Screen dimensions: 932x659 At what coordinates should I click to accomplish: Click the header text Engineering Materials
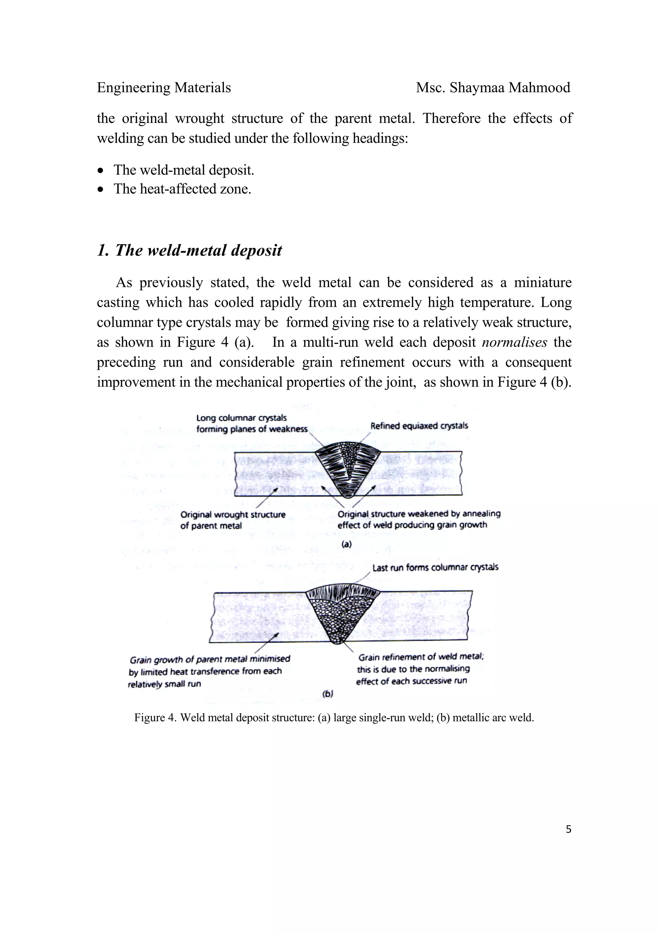click(x=164, y=88)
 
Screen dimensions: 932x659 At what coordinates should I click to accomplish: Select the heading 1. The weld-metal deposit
click(x=189, y=251)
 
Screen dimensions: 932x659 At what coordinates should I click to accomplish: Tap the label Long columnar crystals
click(x=241, y=418)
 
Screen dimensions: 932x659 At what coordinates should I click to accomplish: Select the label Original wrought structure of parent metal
click(x=233, y=520)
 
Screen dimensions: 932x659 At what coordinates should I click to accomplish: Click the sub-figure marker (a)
click(x=346, y=544)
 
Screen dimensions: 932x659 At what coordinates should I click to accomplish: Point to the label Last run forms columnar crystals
click(x=435, y=568)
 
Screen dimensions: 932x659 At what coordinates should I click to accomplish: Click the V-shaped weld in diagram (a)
click(x=347, y=469)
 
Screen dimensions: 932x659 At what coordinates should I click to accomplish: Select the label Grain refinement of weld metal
click(x=421, y=657)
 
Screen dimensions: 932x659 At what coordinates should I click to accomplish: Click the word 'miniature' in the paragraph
click(x=543, y=282)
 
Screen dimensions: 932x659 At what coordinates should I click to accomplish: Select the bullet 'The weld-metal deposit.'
click(x=183, y=170)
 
